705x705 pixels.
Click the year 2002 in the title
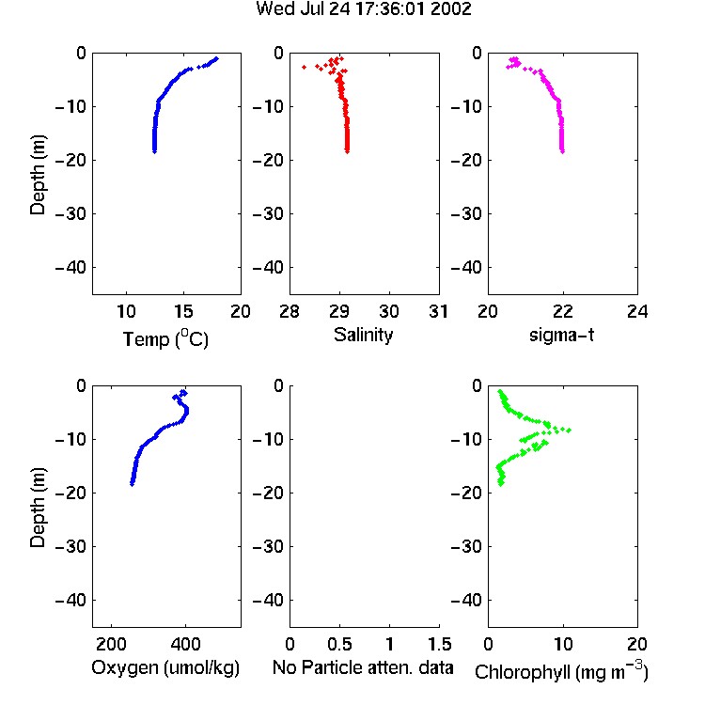click(x=451, y=8)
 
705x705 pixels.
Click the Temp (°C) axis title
click(x=165, y=338)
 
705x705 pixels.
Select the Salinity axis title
click(x=363, y=335)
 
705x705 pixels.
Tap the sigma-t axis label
click(x=561, y=335)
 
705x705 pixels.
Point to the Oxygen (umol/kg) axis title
click(x=165, y=667)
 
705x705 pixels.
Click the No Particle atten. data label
click(x=363, y=667)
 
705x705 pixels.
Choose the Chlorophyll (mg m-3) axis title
click(x=561, y=671)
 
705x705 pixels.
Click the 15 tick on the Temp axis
click(x=183, y=311)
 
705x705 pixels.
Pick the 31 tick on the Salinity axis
click(x=438, y=311)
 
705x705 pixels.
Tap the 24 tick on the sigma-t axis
click(x=637, y=311)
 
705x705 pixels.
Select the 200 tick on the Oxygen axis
click(x=111, y=644)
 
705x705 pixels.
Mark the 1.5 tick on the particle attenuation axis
click(x=439, y=644)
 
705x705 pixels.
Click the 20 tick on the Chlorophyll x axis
click(x=637, y=644)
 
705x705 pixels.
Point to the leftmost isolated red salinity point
click(x=304, y=67)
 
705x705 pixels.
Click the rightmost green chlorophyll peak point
click(x=569, y=431)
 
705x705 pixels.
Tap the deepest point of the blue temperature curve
click(x=154, y=152)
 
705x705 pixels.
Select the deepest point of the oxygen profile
click(x=133, y=484)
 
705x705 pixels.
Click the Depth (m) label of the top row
click(x=38, y=175)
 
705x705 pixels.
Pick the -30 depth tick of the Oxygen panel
click(x=70, y=546)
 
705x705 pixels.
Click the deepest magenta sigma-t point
click(x=562, y=151)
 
